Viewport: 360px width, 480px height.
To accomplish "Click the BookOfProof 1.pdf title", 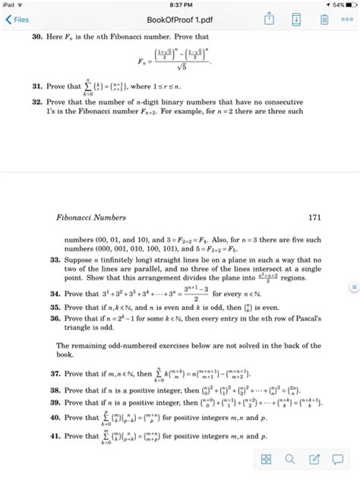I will coord(179,21).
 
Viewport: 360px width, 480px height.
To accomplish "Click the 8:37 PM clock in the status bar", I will coord(179,5).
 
